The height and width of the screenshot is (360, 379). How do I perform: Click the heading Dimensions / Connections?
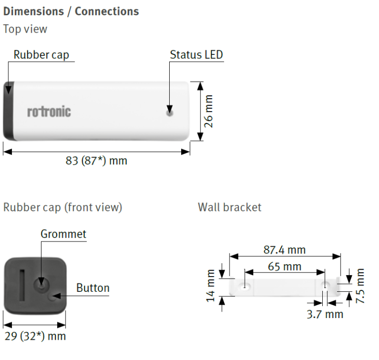click(71, 12)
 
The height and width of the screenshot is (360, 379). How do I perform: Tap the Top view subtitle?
click(25, 29)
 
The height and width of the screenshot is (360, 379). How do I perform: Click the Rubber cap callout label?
click(41, 55)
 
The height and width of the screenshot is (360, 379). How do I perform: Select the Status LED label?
click(196, 55)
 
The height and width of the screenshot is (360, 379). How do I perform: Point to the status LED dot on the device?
click(170, 113)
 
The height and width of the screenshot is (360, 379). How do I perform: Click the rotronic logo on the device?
click(49, 112)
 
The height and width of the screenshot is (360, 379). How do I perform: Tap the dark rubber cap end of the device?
click(9, 111)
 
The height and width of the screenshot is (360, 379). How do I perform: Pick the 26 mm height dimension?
click(208, 111)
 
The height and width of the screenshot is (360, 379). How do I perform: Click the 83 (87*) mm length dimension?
click(96, 160)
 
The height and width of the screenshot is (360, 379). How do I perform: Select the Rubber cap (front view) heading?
click(63, 207)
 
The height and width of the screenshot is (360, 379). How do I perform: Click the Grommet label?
click(63, 234)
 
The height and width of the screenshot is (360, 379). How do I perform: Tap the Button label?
click(93, 288)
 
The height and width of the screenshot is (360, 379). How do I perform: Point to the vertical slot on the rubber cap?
click(22, 285)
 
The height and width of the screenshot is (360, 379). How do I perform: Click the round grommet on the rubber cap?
click(41, 285)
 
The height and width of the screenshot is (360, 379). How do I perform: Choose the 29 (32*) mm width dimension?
click(36, 336)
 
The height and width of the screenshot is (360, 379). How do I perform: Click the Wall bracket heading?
click(229, 207)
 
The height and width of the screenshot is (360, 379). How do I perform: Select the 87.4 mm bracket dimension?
click(284, 250)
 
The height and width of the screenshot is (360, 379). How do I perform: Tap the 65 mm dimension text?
click(284, 267)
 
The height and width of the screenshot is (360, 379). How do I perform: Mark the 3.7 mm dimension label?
click(325, 314)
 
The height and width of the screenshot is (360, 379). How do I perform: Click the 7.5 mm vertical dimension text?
click(360, 286)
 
